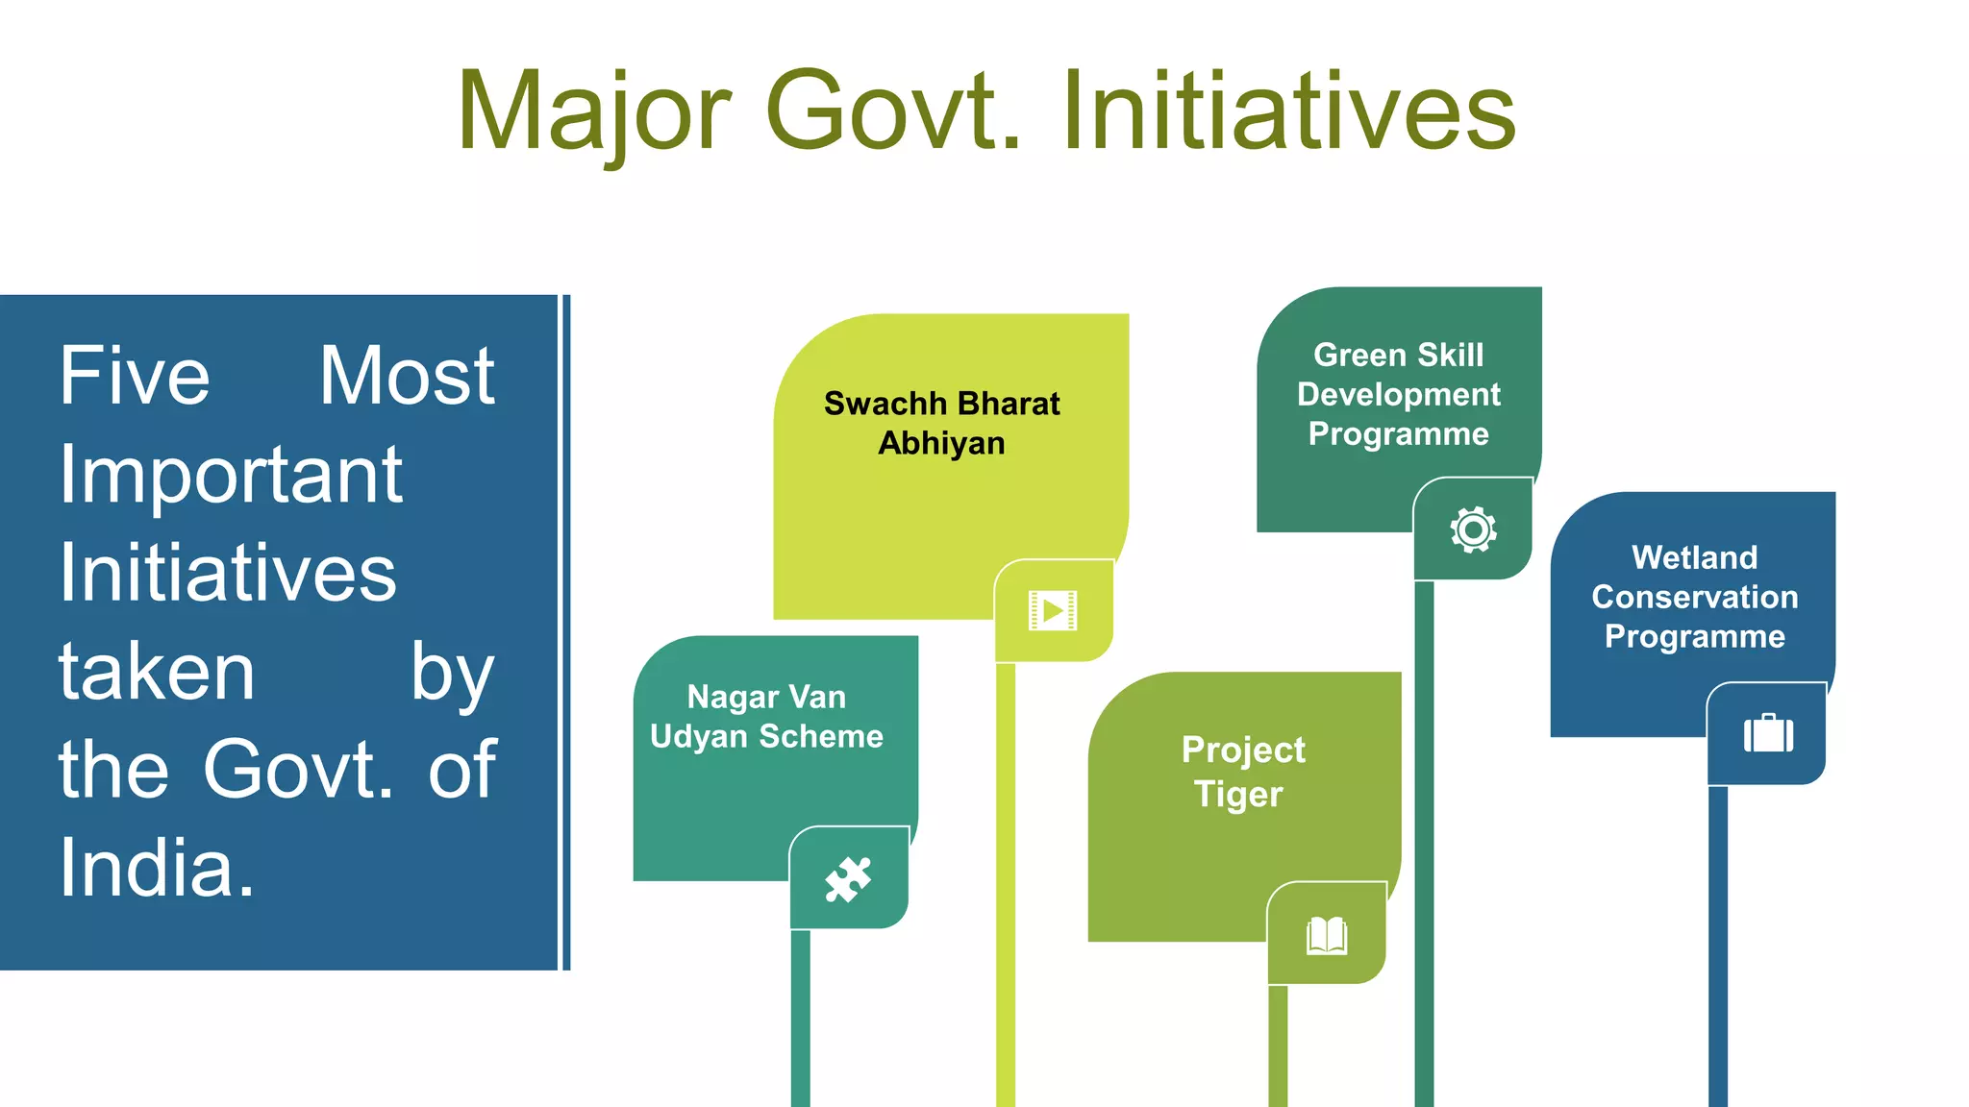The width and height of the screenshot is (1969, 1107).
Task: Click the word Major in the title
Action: click(x=594, y=113)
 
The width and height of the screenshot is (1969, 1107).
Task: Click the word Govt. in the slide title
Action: click(x=892, y=113)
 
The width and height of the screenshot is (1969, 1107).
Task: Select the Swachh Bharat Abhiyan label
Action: click(x=941, y=423)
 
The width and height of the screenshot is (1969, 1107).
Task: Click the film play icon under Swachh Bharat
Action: click(x=1053, y=610)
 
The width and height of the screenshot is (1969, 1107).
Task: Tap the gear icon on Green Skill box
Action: click(x=1473, y=529)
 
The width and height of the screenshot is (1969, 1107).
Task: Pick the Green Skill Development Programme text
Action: click(x=1398, y=394)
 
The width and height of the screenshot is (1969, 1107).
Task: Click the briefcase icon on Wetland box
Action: click(x=1768, y=733)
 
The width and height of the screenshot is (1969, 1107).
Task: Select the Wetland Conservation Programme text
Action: click(x=1694, y=597)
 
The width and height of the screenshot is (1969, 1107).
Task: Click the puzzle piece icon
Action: click(x=848, y=878)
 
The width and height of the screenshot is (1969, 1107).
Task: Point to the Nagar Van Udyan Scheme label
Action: click(x=766, y=716)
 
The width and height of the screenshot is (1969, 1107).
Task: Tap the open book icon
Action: click(x=1327, y=934)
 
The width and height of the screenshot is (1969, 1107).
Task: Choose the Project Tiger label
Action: click(x=1242, y=772)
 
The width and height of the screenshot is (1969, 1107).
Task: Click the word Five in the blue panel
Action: click(x=134, y=376)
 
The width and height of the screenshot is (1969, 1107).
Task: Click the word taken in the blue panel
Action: click(x=157, y=672)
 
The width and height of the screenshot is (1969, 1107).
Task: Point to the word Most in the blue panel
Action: click(x=407, y=376)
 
